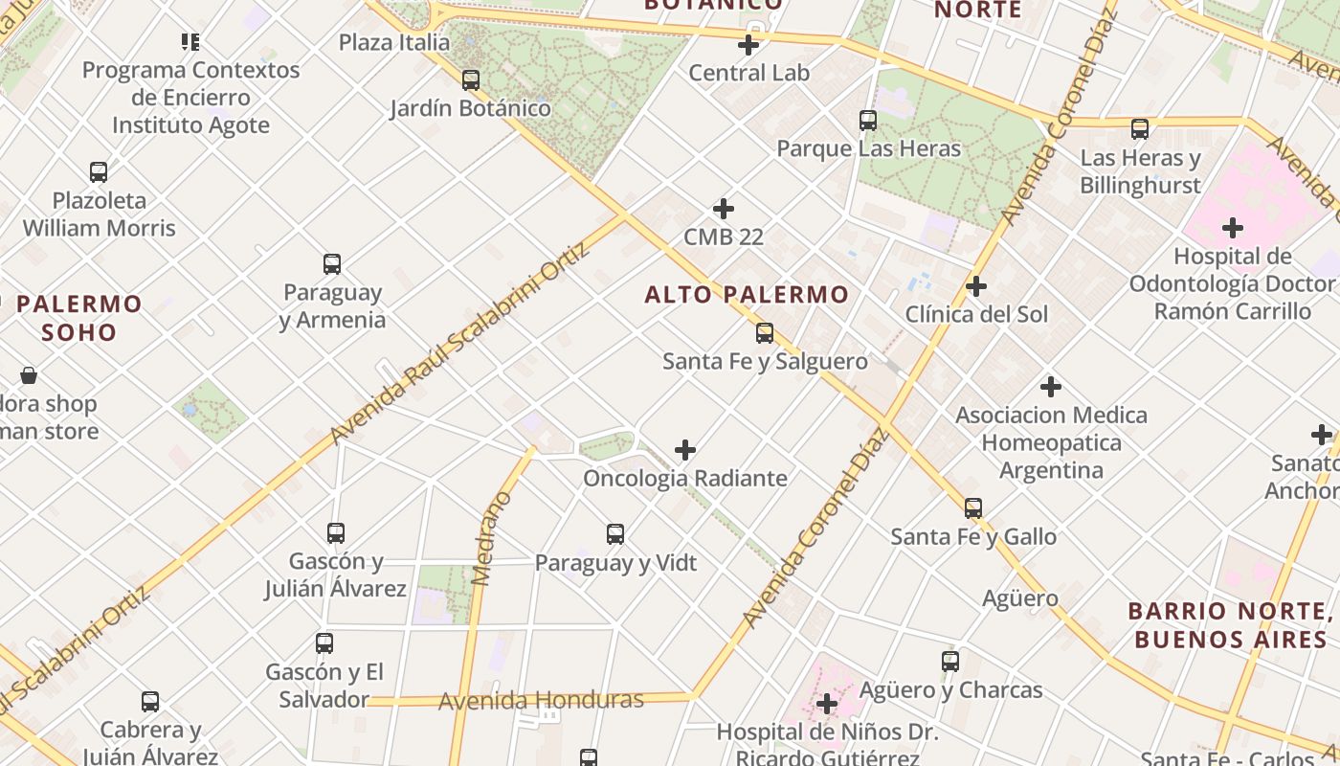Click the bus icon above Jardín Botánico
click(470, 79)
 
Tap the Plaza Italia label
click(394, 42)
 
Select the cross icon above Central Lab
click(748, 44)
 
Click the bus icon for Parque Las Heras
click(868, 121)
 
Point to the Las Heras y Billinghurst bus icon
click(1139, 129)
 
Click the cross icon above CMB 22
click(724, 208)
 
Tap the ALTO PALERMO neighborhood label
click(747, 294)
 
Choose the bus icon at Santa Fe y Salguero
click(765, 333)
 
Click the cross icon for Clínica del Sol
click(976, 286)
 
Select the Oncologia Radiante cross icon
click(685, 450)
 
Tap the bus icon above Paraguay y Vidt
click(615, 534)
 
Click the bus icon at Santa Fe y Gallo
click(973, 508)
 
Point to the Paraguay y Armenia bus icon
click(332, 264)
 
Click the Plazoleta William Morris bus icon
click(99, 172)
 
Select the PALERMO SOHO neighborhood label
click(80, 318)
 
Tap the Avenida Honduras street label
click(541, 701)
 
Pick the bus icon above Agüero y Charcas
click(950, 661)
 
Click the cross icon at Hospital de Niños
click(827, 705)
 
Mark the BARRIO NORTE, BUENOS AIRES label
click(1231, 625)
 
